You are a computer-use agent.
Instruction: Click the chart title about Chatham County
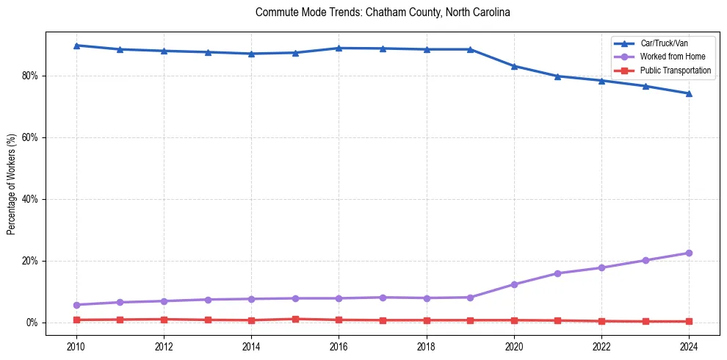383,12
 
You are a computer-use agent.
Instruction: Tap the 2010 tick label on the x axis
76,345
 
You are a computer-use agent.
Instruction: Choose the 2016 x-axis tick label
339,345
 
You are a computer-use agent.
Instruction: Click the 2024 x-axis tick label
689,345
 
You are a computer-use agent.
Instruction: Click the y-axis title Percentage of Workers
12,184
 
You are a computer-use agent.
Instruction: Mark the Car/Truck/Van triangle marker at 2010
76,46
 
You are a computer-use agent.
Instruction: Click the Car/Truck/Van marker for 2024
689,93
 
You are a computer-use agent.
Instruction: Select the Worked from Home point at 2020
514,284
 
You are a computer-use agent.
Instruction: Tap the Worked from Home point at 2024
689,253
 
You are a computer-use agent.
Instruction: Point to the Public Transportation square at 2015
295,319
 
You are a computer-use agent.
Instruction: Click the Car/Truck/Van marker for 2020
514,66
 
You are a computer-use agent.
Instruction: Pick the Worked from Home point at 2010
76,305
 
